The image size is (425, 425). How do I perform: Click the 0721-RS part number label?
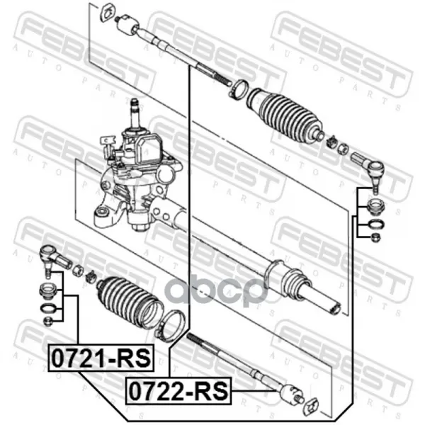pos(101,358)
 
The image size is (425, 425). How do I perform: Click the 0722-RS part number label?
pos(178,390)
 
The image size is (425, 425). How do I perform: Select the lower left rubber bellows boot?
pos(130,302)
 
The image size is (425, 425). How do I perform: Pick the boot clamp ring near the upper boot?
pos(239,90)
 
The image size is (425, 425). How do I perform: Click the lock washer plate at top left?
pos(108,11)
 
